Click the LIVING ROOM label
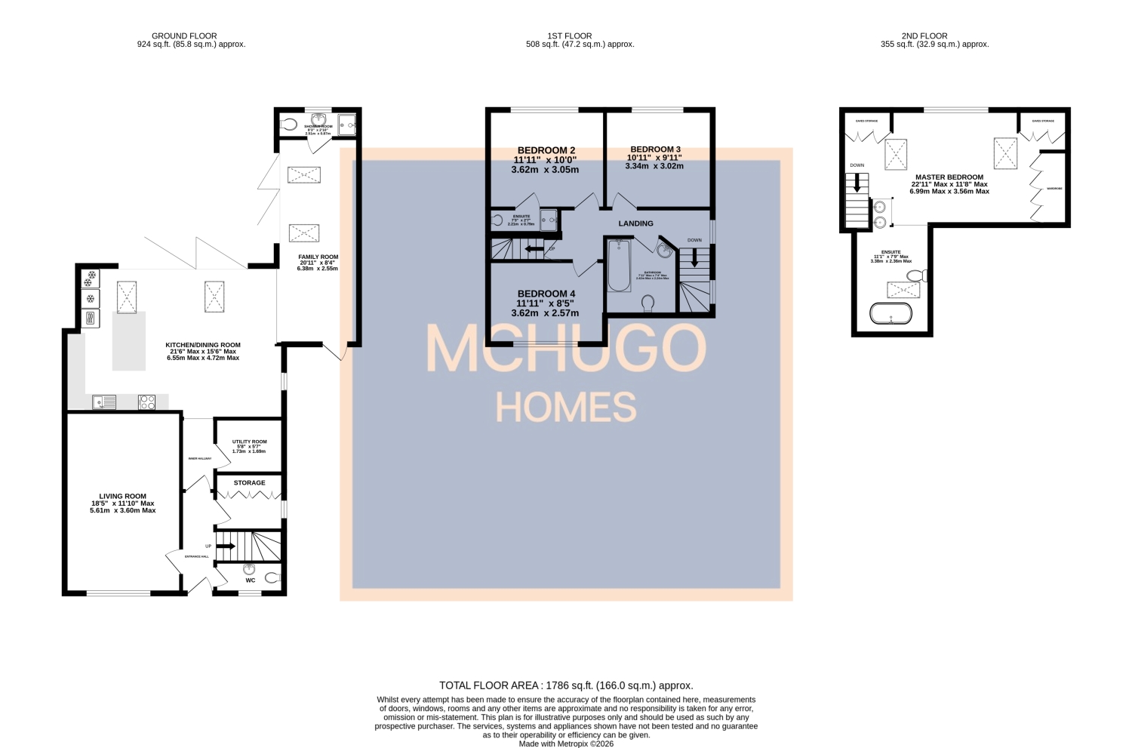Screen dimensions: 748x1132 pyautogui.click(x=122, y=497)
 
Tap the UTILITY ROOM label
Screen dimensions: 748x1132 pyautogui.click(x=249, y=442)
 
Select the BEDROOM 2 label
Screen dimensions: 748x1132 pyautogui.click(x=546, y=150)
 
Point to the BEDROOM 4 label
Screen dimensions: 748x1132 pyautogui.click(x=546, y=294)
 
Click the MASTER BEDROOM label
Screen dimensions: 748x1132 pyautogui.click(x=949, y=177)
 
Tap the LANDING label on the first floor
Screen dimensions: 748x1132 pyautogui.click(x=636, y=223)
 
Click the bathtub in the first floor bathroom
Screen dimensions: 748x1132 pyautogui.click(x=619, y=266)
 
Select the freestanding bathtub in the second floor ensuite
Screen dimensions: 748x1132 pyautogui.click(x=891, y=312)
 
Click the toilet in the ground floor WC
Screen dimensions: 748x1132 pyautogui.click(x=272, y=578)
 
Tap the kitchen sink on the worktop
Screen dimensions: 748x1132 pyautogui.click(x=104, y=402)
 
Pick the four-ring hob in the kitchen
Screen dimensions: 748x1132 pyautogui.click(x=147, y=402)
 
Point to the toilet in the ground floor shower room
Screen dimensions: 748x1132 pyautogui.click(x=289, y=125)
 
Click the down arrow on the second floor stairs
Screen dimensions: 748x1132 pyautogui.click(x=857, y=183)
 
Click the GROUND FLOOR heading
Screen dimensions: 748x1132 pyautogui.click(x=184, y=35)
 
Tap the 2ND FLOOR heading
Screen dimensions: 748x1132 pyautogui.click(x=924, y=35)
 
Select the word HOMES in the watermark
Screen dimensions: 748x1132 pyautogui.click(x=566, y=408)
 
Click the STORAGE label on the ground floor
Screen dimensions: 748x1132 pyautogui.click(x=249, y=483)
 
